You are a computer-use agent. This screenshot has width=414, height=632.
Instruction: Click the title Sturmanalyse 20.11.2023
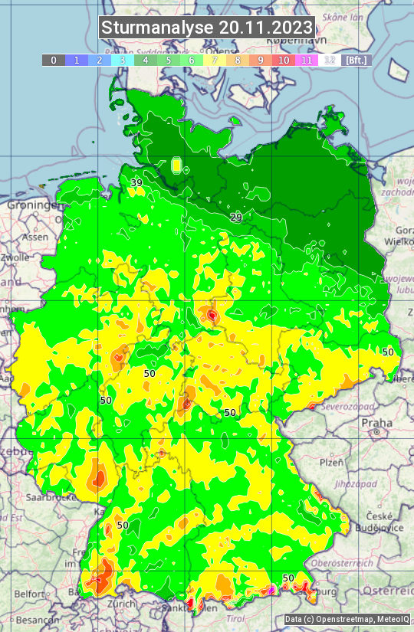(207, 28)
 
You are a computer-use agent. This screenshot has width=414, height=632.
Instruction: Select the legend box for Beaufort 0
(53, 60)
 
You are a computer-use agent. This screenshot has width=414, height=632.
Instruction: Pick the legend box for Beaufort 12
(330, 60)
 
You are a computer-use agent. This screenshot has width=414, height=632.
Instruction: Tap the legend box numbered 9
(261, 60)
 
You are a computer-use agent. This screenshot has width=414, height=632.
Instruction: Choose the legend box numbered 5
(169, 60)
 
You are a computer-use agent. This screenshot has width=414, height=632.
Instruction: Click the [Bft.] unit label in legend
(356, 60)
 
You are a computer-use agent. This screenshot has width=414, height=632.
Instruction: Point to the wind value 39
(136, 182)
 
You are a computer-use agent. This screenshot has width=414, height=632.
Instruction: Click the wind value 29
(236, 218)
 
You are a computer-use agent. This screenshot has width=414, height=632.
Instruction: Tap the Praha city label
(376, 423)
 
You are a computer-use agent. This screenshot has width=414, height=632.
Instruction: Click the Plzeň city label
(331, 463)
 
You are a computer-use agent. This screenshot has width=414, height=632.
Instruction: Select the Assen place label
(34, 237)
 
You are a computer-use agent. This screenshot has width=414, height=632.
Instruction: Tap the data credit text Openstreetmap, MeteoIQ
(347, 619)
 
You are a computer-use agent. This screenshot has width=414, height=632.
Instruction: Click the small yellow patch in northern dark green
(177, 165)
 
